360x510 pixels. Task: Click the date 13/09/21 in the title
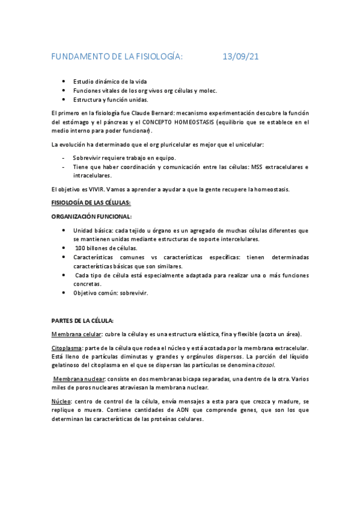(240, 57)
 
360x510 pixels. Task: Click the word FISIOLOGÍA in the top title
(154, 57)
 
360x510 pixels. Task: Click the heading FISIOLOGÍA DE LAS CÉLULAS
(91, 203)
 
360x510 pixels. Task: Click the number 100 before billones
(81, 248)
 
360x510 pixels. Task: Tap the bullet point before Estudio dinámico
(64, 81)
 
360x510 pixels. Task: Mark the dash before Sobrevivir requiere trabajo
(64, 158)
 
